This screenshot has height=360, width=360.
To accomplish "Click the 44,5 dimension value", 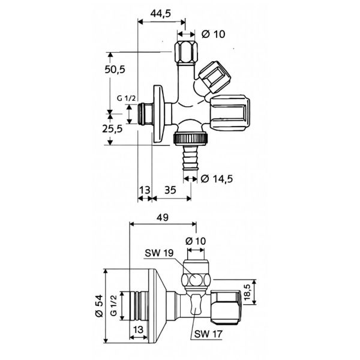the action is point(160,14).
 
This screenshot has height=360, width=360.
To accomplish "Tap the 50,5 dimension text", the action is point(115,69).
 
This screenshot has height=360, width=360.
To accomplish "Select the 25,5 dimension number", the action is point(112,129).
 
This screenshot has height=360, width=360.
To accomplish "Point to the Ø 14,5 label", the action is point(217,179).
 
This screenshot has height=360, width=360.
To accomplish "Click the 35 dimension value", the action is point(170,190).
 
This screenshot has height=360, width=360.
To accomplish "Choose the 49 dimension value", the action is point(163,217).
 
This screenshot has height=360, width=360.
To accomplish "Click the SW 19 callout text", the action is point(159,253).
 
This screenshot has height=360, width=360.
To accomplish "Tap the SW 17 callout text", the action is point(208,334).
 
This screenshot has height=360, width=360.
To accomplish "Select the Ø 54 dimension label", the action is point(99,306).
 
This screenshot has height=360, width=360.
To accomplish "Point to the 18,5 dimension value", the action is point(247,292).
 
